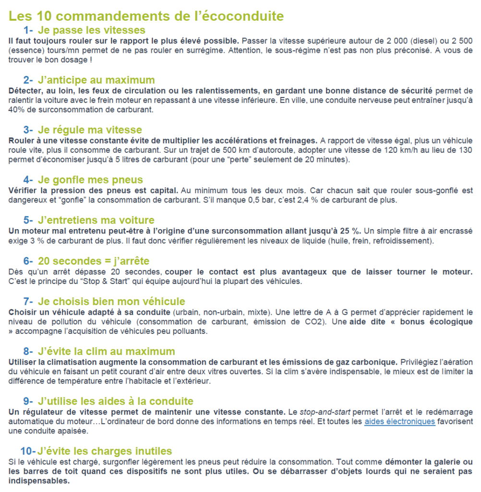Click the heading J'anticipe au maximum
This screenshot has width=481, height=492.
pyautogui.click(x=96, y=80)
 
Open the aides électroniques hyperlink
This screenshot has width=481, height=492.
pyautogui.click(x=400, y=422)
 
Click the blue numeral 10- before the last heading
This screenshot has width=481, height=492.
pyautogui.click(x=27, y=451)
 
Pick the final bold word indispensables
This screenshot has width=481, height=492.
pyautogui.click(x=39, y=480)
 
